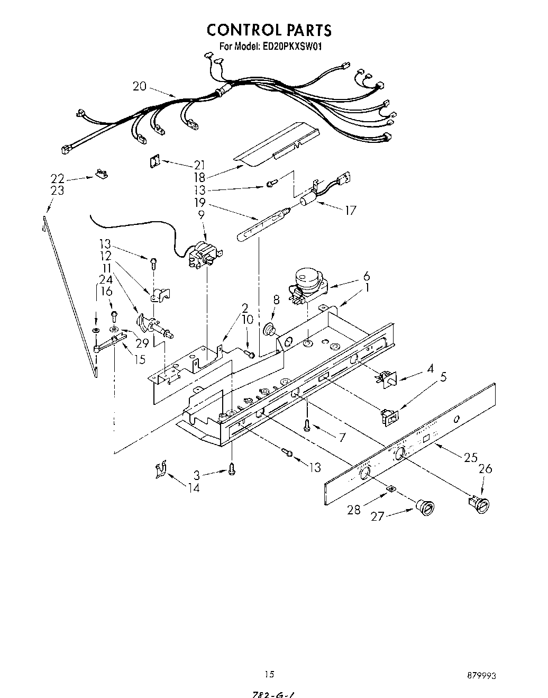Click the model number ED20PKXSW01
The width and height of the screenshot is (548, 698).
click(293, 47)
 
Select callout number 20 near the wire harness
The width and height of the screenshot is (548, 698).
click(139, 86)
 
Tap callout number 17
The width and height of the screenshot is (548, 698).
click(350, 210)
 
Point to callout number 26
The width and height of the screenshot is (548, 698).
click(485, 468)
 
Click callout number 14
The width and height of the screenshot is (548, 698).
click(194, 488)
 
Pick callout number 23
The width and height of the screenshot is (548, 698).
click(57, 190)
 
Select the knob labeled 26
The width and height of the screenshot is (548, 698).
click(480, 504)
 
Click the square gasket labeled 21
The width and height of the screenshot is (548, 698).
click(154, 160)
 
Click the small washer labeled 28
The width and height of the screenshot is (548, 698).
click(390, 489)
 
